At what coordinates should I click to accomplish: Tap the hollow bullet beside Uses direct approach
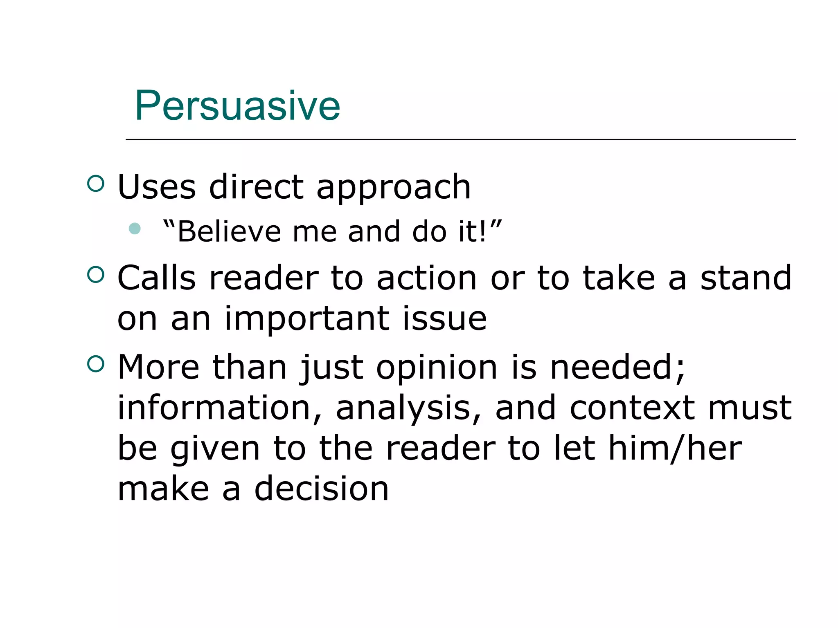pos(96,184)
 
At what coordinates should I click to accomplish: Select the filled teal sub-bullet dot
pos(135,228)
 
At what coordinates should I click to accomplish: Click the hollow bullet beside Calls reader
pos(96,275)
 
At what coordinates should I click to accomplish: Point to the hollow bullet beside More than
pos(96,364)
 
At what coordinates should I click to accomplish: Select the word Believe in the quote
pos(229,232)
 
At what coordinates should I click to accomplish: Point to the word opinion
pos(437,368)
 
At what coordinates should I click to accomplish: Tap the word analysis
pos(403,409)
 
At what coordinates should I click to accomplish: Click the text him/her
pos(675,449)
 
